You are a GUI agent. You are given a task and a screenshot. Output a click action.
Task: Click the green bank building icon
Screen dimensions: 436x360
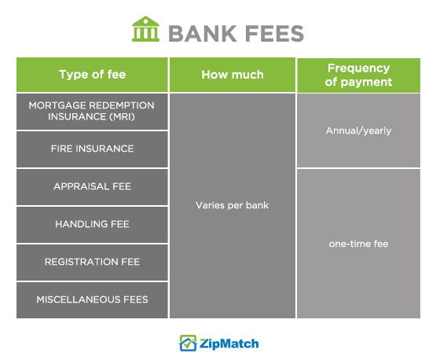pos(145,29)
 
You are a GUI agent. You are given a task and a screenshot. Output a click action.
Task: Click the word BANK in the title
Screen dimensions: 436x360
pos(203,34)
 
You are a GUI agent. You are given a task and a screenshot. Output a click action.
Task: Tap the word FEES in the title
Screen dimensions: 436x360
pos(274,34)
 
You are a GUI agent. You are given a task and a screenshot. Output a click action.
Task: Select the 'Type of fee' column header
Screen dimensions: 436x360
pos(93,75)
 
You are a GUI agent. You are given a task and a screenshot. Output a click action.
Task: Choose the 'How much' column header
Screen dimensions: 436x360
pos(233,75)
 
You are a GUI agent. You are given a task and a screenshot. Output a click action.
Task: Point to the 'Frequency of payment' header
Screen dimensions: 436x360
pos(358,75)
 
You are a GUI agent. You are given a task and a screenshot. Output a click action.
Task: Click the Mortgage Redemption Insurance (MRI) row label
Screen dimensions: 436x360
pos(91,111)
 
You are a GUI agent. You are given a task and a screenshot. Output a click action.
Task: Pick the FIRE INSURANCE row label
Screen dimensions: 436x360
pos(93,149)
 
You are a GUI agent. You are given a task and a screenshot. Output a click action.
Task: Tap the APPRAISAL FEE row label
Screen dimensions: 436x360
pos(93,186)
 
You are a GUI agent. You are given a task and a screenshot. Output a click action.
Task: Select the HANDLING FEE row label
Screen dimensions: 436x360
pos(93,224)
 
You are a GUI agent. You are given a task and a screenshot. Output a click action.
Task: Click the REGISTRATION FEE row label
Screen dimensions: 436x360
pos(93,262)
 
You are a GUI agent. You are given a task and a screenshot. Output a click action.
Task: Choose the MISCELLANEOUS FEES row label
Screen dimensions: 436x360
pos(93,299)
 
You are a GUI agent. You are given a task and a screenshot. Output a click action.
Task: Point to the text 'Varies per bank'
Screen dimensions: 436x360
pos(233,205)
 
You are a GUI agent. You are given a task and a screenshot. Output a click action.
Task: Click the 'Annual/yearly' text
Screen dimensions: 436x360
pos(358,130)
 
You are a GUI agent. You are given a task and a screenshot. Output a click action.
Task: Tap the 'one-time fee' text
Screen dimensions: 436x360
pos(358,244)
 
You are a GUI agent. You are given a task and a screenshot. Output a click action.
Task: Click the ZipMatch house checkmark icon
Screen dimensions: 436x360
pos(188,343)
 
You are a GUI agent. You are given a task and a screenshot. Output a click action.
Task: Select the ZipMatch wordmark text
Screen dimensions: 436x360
pos(229,343)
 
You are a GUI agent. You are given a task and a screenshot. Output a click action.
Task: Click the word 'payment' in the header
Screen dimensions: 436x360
pos(366,82)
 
